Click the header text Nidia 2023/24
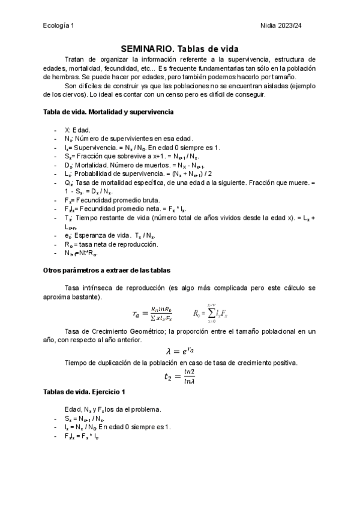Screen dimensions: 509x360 click(x=292, y=25)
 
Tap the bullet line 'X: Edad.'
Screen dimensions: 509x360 click(x=77, y=130)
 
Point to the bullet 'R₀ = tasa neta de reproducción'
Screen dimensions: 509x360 click(x=103, y=244)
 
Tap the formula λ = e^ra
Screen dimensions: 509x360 click(x=179, y=351)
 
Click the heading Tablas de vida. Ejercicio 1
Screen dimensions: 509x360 click(x=85, y=392)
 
